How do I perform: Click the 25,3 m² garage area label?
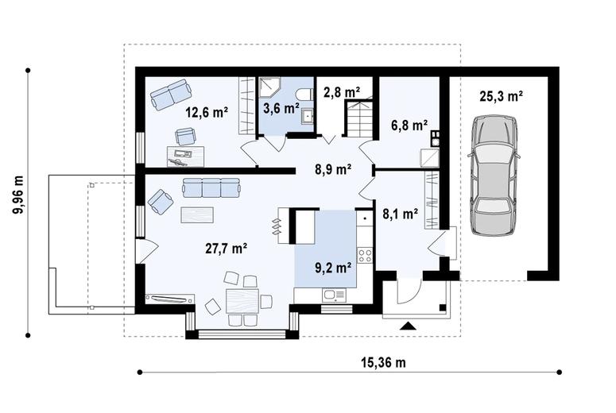pyautogui.click(x=501, y=96)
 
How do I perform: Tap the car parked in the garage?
pyautogui.click(x=494, y=176)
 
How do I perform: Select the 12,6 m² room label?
pyautogui.click(x=207, y=113)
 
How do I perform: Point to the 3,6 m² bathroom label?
pyautogui.click(x=281, y=108)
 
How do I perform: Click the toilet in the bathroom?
pyautogui.click(x=304, y=95)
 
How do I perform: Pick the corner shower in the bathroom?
pyautogui.click(x=270, y=87)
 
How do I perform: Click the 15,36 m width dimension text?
pyautogui.click(x=383, y=362)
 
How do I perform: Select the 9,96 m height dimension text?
pyautogui.click(x=18, y=195)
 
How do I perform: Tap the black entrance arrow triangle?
pyautogui.click(x=409, y=326)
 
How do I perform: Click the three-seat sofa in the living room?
pyautogui.click(x=211, y=187)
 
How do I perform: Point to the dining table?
pyautogui.click(x=242, y=301)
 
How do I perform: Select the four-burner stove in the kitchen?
pyautogui.click(x=365, y=256)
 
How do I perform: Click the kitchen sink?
pyautogui.click(x=334, y=295)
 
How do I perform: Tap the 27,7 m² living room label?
pyautogui.click(x=226, y=249)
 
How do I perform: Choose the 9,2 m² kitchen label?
pyautogui.click(x=333, y=268)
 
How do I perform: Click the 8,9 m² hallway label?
pyautogui.click(x=333, y=170)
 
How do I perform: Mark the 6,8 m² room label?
pyautogui.click(x=409, y=125)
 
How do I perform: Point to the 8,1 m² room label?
pyautogui.click(x=401, y=214)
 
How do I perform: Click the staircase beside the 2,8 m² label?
pyautogui.click(x=358, y=118)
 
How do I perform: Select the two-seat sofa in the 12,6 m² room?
pyautogui.click(x=171, y=95)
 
